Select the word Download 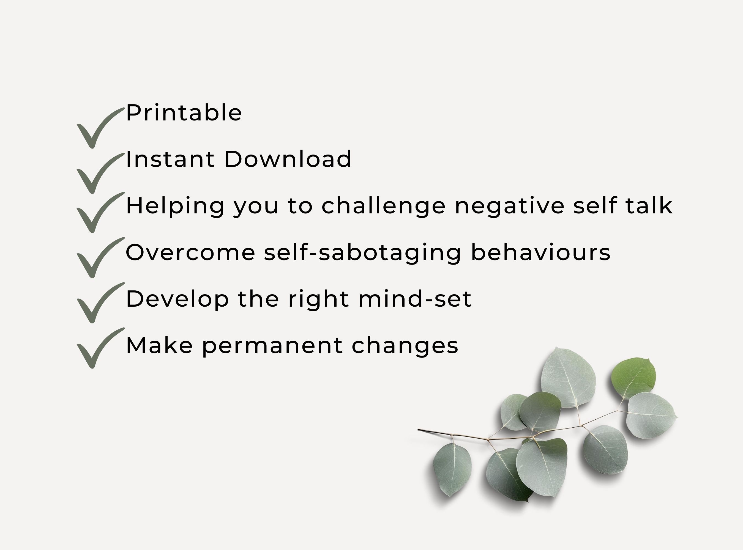[288, 159]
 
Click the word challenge [383, 206]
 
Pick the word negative [509, 206]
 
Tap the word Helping [175, 206]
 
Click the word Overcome [190, 252]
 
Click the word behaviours [540, 252]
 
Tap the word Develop [177, 299]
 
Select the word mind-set [415, 299]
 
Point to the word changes [405, 346]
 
